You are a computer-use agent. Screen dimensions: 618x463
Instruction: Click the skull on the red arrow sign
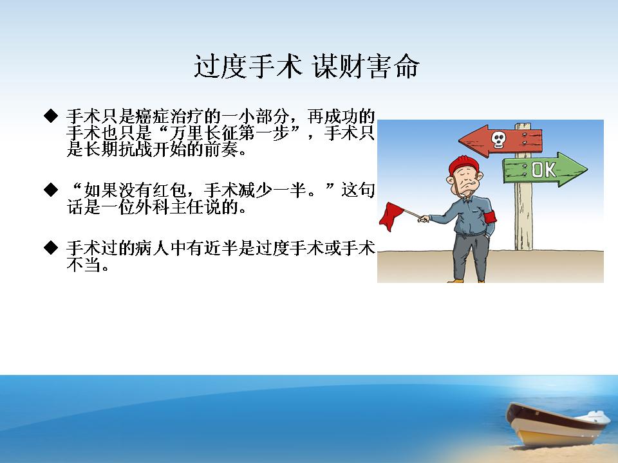click(498, 140)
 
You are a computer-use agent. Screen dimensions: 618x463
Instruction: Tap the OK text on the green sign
click(544, 170)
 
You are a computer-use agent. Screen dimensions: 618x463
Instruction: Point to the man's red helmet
click(464, 165)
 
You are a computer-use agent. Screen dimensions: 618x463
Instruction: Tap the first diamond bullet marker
click(51, 116)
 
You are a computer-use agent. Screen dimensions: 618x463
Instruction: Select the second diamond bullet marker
click(51, 189)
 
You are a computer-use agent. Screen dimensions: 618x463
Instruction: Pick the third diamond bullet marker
click(51, 248)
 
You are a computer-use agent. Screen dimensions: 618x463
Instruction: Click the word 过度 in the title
click(221, 66)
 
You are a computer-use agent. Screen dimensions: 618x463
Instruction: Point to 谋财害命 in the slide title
click(366, 66)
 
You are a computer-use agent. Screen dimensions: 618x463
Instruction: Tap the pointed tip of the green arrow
click(587, 170)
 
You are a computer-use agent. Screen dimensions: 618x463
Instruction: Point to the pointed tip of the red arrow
click(459, 140)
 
